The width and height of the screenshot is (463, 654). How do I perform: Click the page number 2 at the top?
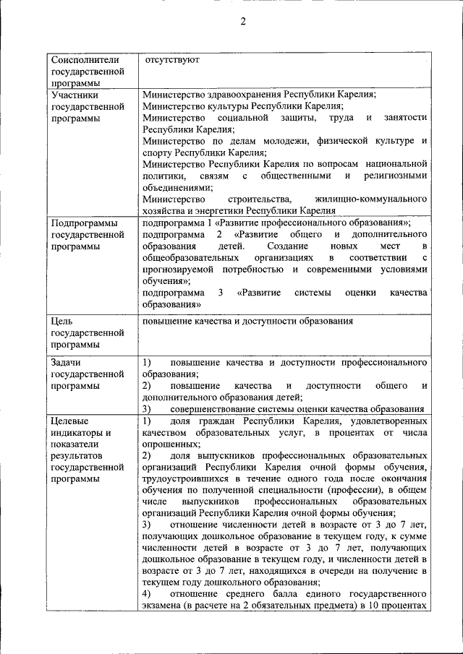tap(243, 21)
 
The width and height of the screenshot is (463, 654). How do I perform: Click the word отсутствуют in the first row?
tap(171, 59)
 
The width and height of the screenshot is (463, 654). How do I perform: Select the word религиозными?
tap(397, 176)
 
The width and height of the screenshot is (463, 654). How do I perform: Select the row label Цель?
tap(64, 321)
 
